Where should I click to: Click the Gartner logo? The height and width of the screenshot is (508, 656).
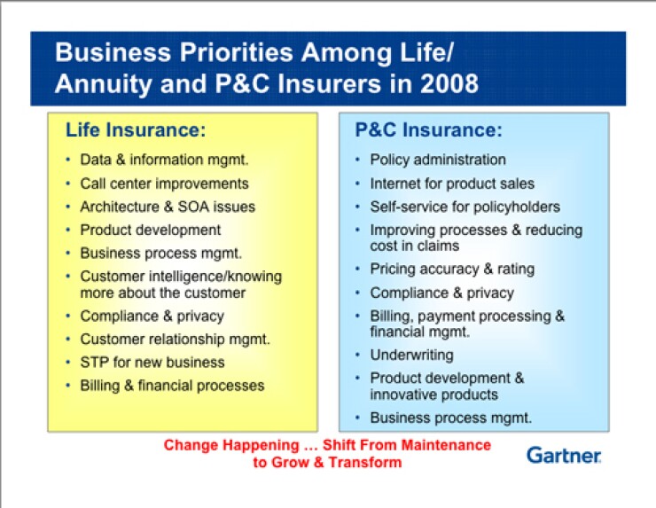click(x=564, y=455)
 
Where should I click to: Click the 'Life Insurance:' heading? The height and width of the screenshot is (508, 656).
click(x=136, y=130)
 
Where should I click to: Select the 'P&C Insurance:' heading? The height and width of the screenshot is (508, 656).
click(x=428, y=130)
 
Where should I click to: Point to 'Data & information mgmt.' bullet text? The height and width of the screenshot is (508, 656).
click(x=164, y=160)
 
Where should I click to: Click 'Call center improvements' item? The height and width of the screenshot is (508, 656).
click(x=164, y=184)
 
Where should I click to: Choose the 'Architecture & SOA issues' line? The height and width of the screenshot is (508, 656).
click(x=168, y=207)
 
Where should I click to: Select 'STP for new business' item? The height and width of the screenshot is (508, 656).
click(x=152, y=362)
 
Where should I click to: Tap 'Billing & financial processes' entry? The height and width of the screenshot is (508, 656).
click(x=172, y=385)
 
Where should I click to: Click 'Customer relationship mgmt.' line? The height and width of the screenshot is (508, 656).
click(x=176, y=339)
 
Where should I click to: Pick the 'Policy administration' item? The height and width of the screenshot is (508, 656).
click(x=438, y=160)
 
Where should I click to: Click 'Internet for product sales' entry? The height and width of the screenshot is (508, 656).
click(x=452, y=184)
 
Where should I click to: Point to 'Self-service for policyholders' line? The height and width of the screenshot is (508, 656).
click(x=465, y=207)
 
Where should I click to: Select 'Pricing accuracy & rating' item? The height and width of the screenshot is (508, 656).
click(x=452, y=269)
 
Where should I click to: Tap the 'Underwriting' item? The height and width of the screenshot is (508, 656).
click(x=411, y=355)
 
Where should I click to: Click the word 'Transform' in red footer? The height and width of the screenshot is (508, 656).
click(x=366, y=462)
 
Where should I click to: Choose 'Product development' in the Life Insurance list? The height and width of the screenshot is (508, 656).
click(x=151, y=230)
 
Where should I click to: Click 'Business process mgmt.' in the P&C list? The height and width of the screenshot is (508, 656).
click(x=451, y=418)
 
